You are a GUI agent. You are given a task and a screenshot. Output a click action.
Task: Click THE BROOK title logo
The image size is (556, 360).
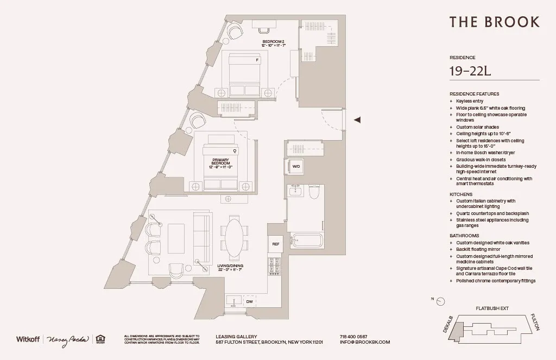[494, 22]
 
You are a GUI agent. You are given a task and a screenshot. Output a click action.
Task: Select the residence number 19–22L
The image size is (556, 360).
[470, 71]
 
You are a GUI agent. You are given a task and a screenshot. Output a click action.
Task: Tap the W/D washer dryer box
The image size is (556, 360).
[296, 166]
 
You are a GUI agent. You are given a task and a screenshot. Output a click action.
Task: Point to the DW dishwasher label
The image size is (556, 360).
[249, 301]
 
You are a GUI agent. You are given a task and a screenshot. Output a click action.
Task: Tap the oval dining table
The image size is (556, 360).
[234, 237]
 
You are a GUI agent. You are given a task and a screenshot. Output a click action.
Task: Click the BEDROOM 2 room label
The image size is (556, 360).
[273, 42]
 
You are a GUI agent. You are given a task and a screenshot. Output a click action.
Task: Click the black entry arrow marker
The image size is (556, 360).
[357, 120]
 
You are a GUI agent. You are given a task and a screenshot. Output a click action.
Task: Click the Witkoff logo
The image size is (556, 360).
[28, 339]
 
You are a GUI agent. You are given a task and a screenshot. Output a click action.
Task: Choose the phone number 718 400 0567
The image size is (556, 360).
[353, 337]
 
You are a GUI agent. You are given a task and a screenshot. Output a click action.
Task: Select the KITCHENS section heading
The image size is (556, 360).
[461, 194]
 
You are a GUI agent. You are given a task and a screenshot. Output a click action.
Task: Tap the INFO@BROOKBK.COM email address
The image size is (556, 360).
[364, 342]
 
